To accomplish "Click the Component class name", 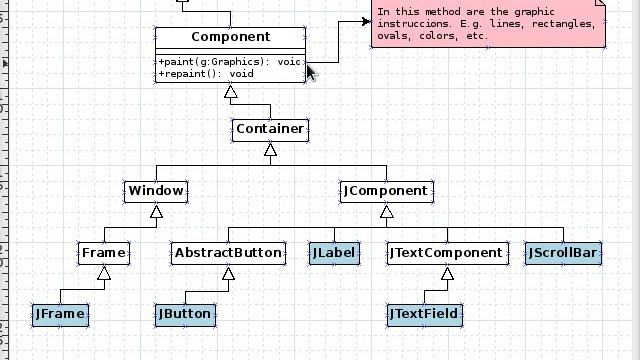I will point(230,37).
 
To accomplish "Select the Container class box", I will point(270,129).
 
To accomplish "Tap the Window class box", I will point(156,190).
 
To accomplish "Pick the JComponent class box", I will point(386,190).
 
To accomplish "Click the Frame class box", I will point(104,252).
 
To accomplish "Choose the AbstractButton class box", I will point(228,252).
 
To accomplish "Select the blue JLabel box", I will point(334,253).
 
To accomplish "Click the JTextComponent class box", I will point(446,252).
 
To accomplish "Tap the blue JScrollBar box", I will point(562,253).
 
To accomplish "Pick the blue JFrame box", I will point(60,314).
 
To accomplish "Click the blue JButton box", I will point(185,314).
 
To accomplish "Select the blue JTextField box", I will point(424,314).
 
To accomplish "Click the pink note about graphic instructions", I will point(488,25).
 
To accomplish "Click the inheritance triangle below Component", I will point(231,91).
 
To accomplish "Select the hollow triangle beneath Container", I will point(270,149).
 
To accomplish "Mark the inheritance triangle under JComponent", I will point(386,211).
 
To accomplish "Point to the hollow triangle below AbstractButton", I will point(228,273).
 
